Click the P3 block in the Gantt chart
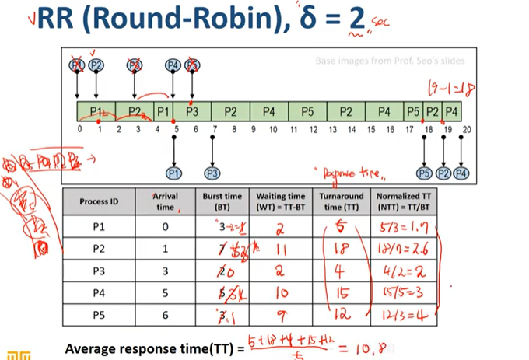point(192,111)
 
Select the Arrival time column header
point(164,201)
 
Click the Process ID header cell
point(99,201)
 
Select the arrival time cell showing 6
point(164,316)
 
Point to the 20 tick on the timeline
point(466,128)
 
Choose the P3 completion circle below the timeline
point(212,172)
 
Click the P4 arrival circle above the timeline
point(173,65)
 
